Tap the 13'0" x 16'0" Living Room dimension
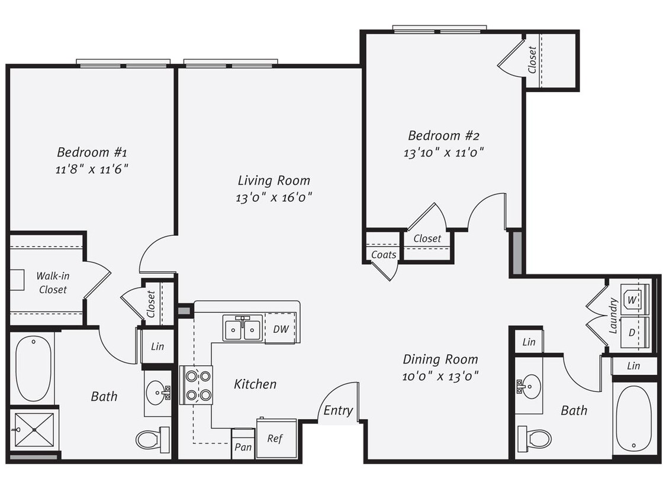click(x=274, y=197)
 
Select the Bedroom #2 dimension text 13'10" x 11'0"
click(x=444, y=152)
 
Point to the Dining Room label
click(x=440, y=359)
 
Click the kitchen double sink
click(x=243, y=329)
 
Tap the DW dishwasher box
click(x=281, y=329)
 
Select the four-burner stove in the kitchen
click(x=196, y=385)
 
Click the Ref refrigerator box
click(x=276, y=438)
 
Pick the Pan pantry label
click(x=243, y=447)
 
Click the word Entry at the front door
click(x=339, y=410)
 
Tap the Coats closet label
click(x=383, y=255)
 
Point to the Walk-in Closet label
click(x=52, y=283)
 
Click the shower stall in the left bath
click(x=33, y=430)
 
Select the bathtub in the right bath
click(x=633, y=419)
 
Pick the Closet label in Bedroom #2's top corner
click(x=532, y=60)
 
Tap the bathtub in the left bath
click(x=33, y=368)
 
